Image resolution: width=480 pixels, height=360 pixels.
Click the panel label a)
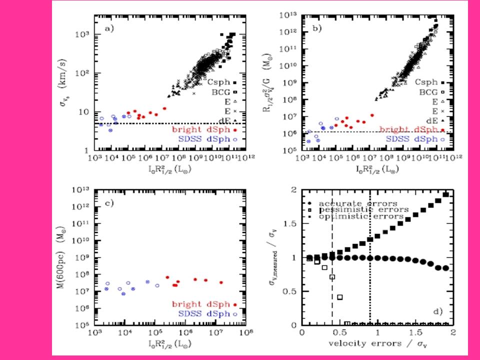pos(108,28)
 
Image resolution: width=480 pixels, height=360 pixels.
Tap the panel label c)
pos(108,203)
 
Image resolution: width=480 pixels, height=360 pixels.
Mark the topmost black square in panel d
pos(445,194)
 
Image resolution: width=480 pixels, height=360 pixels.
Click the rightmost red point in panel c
pos(221,282)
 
